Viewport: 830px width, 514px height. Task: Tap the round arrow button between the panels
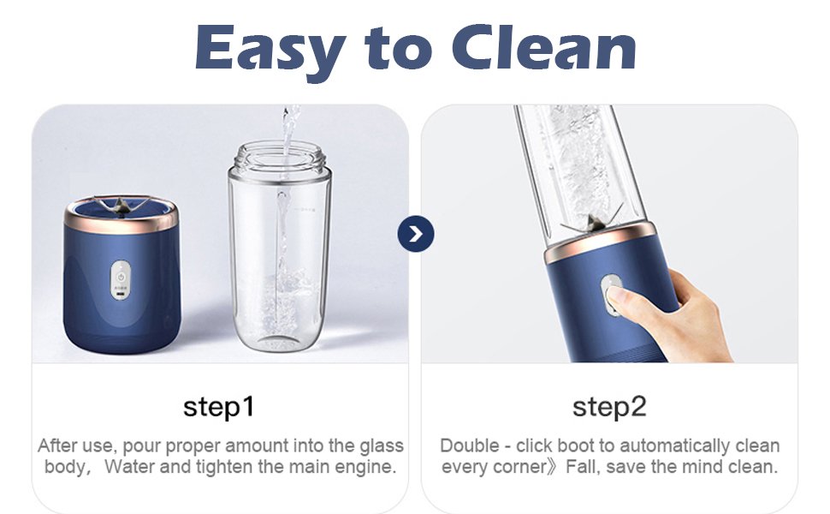(416, 234)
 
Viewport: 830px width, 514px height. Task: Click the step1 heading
(218, 407)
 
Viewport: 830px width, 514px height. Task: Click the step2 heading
(609, 407)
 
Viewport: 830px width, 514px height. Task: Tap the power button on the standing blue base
(121, 278)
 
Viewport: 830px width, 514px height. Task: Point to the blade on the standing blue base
(122, 206)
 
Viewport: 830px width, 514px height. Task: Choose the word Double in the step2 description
(470, 445)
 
